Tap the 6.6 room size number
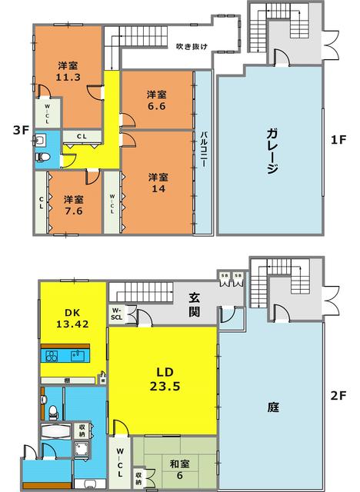156,108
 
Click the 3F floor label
20,131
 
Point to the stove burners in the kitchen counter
52,357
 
